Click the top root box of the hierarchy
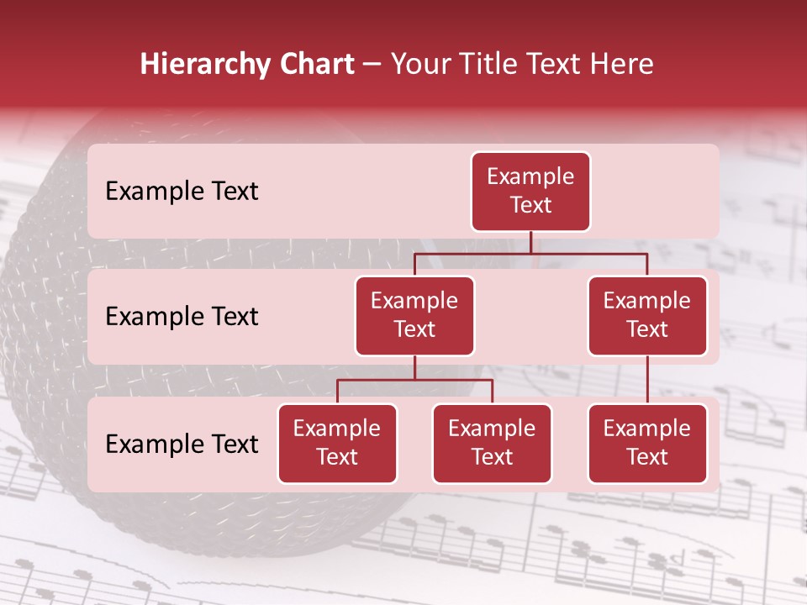click(530, 192)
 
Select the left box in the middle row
click(414, 316)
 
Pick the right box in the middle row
click(647, 316)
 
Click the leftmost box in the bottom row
click(337, 444)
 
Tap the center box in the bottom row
click(492, 444)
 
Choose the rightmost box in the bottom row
click(647, 444)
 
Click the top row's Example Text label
click(182, 192)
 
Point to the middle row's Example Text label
click(182, 317)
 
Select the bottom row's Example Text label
click(182, 445)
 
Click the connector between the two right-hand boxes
click(647, 380)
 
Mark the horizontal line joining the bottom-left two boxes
click(414, 380)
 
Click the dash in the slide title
click(372, 66)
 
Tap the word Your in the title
click(418, 64)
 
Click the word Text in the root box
click(530, 206)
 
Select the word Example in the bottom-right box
click(647, 429)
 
